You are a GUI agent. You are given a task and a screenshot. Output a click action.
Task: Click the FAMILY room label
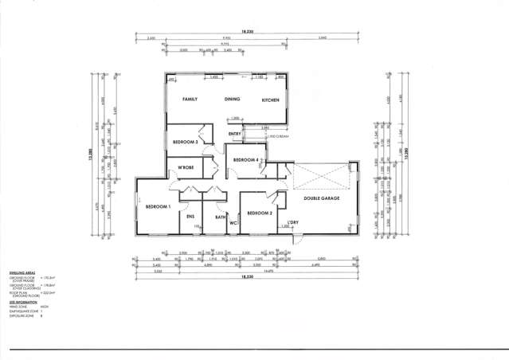click(x=190, y=100)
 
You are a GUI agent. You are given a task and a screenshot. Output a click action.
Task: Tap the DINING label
click(x=232, y=100)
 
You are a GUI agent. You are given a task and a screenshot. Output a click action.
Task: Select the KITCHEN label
click(x=271, y=100)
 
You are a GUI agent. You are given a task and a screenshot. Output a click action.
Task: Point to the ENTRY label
click(x=234, y=134)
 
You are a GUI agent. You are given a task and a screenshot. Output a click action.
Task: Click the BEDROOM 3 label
click(x=186, y=142)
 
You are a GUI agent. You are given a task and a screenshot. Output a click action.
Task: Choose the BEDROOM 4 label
click(x=246, y=160)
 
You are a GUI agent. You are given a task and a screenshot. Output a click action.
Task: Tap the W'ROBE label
click(x=186, y=167)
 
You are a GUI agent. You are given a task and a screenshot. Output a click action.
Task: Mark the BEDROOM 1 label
click(x=158, y=207)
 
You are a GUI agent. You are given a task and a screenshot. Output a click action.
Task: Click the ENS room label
click(x=190, y=217)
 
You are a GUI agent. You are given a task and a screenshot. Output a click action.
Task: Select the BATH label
click(x=220, y=217)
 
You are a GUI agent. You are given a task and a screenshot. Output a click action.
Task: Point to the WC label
click(x=233, y=223)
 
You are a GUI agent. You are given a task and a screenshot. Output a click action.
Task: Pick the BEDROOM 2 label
click(x=260, y=213)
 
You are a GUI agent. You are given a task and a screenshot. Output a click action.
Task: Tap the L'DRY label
click(x=292, y=221)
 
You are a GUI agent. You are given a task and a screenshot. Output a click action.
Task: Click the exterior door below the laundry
click(x=294, y=240)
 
